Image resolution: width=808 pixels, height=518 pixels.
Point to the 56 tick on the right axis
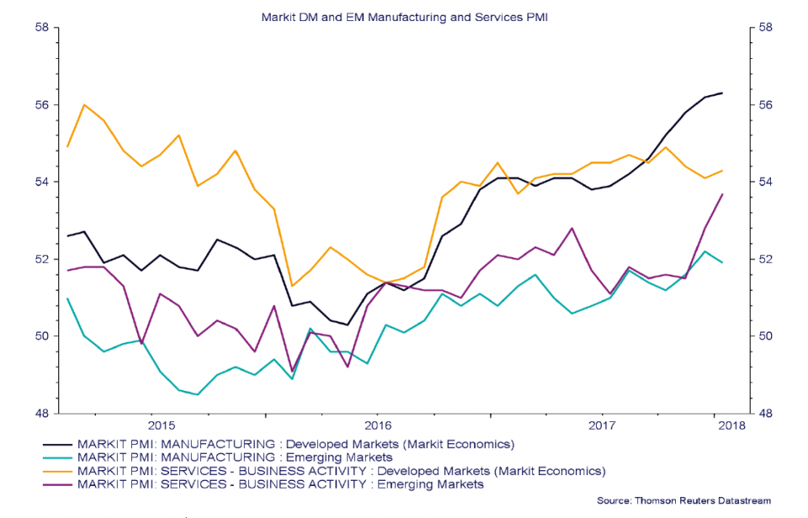(x=765, y=104)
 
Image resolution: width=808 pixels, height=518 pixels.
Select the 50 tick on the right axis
(x=765, y=336)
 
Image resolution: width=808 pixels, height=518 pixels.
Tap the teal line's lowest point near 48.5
(x=198, y=394)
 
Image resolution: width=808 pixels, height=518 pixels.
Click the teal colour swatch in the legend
(x=57, y=457)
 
